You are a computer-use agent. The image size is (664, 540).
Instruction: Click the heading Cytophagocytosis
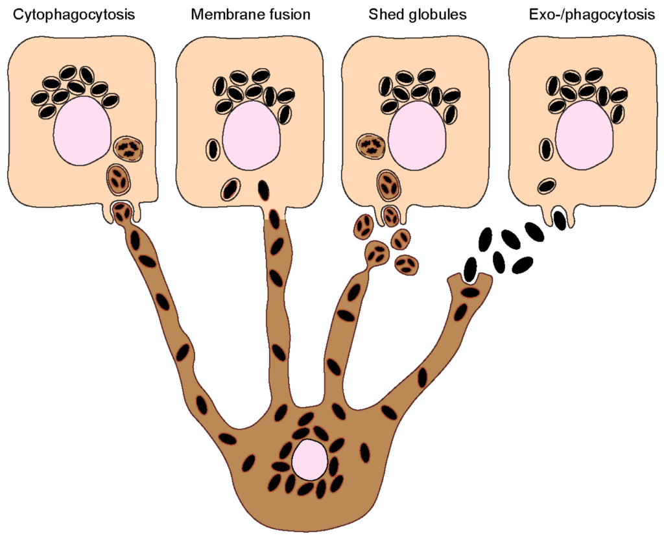point(74,15)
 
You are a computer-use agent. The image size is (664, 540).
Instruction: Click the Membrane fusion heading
point(241,15)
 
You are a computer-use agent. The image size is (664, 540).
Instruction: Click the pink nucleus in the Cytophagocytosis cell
point(82,130)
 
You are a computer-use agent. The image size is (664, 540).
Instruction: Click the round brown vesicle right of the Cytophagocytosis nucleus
point(128,149)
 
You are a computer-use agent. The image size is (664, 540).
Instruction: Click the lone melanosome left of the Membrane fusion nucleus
point(213,149)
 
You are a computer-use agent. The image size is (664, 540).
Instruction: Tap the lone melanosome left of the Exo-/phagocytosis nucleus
point(546,149)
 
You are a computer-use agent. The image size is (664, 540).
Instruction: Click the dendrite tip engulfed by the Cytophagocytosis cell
point(121,211)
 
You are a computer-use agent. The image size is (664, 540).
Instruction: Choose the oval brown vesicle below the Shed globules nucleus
point(388,185)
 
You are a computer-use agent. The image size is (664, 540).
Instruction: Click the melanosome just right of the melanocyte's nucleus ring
point(364,452)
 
